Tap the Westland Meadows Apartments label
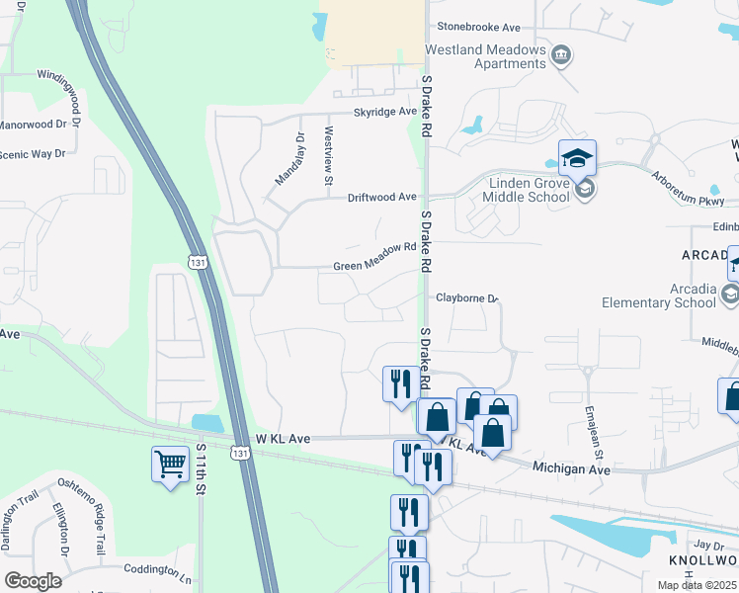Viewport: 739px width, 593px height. pyautogui.click(x=485, y=56)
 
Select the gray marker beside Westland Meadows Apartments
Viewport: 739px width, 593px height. pyautogui.click(x=561, y=52)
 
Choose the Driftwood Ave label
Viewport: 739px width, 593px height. pyautogui.click(x=381, y=198)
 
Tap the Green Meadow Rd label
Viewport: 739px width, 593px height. pyautogui.click(x=374, y=264)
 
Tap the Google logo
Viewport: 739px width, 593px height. pyautogui.click(x=33, y=580)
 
